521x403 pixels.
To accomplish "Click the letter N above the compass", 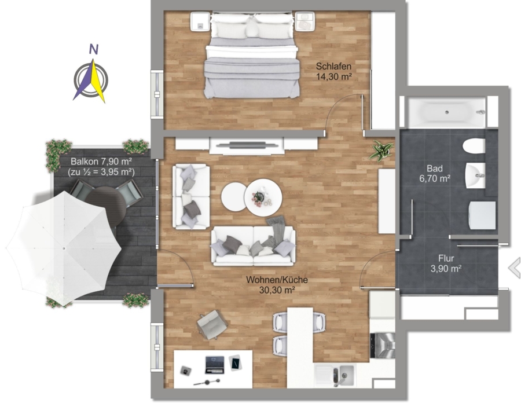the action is [x=94, y=49].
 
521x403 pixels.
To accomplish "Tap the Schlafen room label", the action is [x=333, y=66].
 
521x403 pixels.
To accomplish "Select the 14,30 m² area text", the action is [x=333, y=77].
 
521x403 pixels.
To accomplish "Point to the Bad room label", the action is [x=435, y=168].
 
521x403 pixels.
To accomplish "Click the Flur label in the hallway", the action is [x=446, y=258].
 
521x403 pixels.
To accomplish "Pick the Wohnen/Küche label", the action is [x=277, y=280].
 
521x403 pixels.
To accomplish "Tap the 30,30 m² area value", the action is [x=277, y=290].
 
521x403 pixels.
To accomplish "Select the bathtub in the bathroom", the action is [x=446, y=112].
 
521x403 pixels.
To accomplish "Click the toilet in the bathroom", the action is [x=474, y=146].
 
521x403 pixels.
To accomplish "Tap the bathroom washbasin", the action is [x=475, y=175].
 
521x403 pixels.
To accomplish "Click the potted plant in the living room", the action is [x=382, y=151].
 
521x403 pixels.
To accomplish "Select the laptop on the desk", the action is [x=215, y=364].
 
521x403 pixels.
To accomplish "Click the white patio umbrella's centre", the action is [x=64, y=248].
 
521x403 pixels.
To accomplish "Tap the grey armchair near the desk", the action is [x=212, y=324].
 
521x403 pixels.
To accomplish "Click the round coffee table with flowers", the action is [x=263, y=198].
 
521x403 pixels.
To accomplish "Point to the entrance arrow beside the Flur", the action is [x=515, y=268].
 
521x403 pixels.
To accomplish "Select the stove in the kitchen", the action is [x=383, y=346].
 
